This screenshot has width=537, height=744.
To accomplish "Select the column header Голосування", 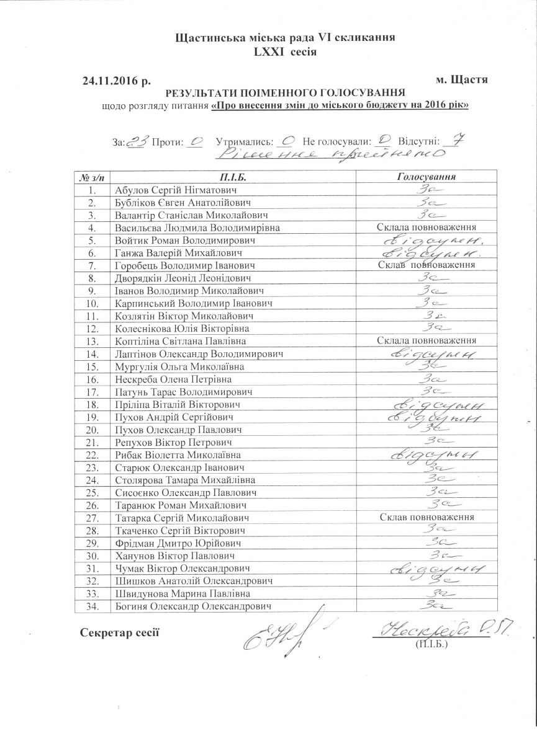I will tap(426, 177).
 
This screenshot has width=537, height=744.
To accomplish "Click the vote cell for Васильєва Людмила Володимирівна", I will tap(426, 228).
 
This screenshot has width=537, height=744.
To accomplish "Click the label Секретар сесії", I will tap(120, 632).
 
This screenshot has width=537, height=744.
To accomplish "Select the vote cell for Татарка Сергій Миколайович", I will tap(426, 517).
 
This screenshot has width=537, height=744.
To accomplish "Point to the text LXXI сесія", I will tap(285, 51).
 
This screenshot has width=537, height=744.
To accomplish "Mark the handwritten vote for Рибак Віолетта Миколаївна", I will tap(426, 454).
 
